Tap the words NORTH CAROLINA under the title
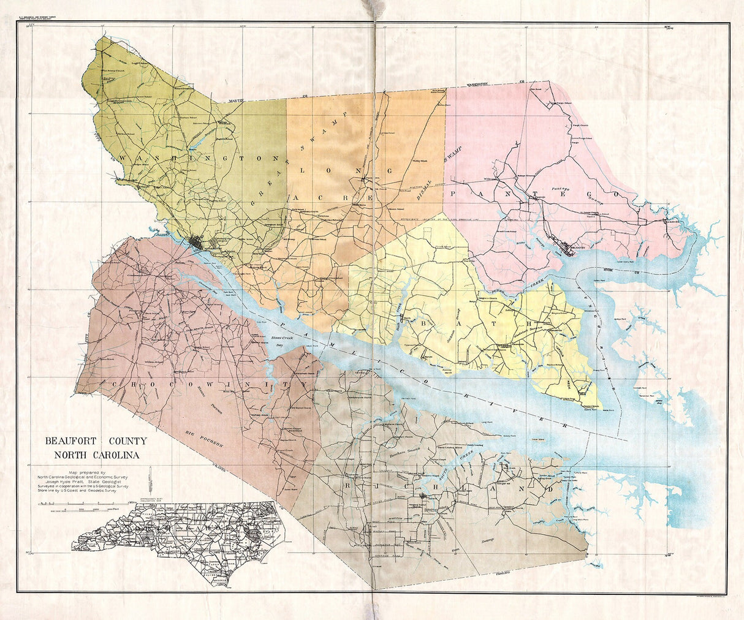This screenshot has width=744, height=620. pyautogui.click(x=96, y=455)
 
